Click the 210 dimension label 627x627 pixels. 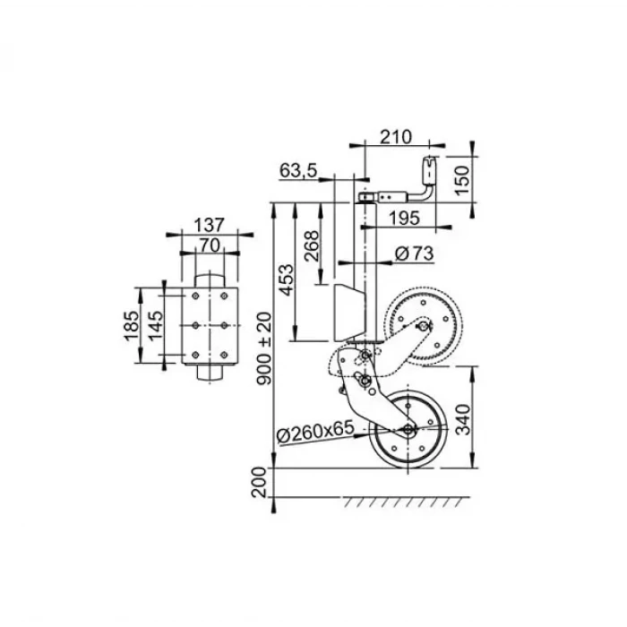394,137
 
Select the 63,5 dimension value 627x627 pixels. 298,171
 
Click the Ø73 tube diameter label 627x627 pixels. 414,254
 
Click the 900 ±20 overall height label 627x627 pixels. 262,348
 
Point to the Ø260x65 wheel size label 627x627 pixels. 315,432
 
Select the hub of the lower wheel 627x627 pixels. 408,431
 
